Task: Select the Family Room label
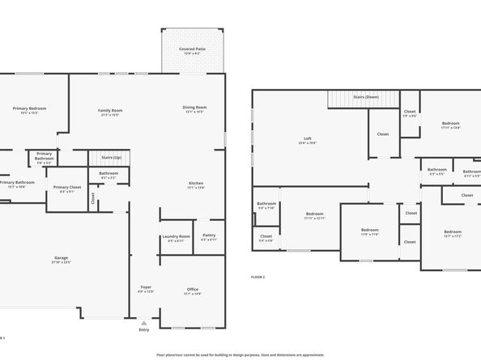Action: [x=110, y=110]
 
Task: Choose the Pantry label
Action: [x=208, y=237]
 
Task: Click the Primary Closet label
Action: [x=67, y=189]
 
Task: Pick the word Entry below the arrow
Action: [x=144, y=329]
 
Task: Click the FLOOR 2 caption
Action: [x=258, y=277]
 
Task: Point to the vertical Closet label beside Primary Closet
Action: [x=93, y=196]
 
